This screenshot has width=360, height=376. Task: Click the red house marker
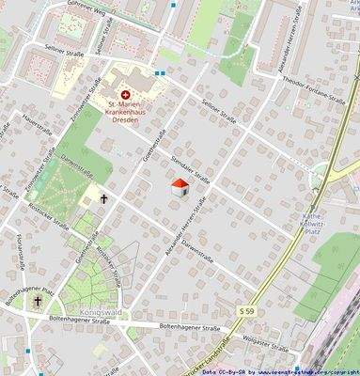(180, 188)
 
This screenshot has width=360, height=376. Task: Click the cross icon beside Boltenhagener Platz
(39, 301)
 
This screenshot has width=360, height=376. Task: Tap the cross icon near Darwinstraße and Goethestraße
(103, 199)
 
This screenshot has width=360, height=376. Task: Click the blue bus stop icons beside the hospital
(165, 70)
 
